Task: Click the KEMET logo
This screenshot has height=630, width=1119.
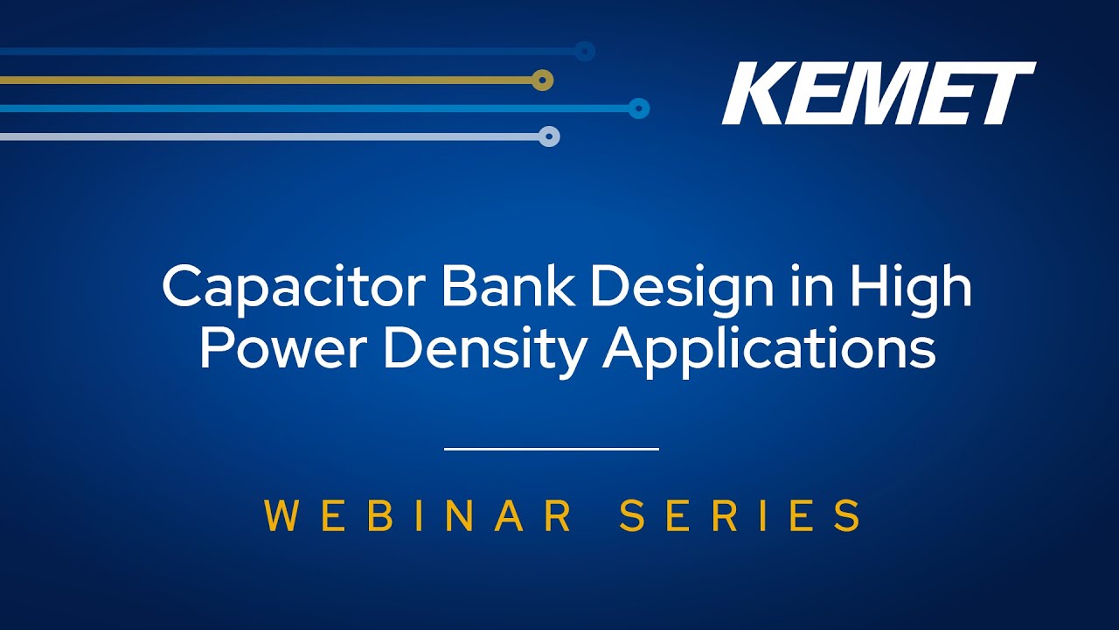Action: tap(879, 93)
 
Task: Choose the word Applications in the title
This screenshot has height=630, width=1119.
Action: tap(768, 352)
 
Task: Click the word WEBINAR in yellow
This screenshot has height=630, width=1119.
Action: tap(418, 515)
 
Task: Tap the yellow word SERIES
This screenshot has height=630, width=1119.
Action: tap(740, 515)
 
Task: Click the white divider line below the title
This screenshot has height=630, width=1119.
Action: tap(552, 449)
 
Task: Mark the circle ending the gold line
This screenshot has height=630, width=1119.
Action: tap(542, 80)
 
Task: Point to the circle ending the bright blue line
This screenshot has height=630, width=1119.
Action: tap(638, 108)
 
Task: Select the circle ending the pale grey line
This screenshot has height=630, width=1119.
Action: tap(548, 136)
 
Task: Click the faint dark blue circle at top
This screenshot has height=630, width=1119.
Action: tap(584, 51)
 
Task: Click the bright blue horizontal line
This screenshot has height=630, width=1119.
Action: tap(314, 108)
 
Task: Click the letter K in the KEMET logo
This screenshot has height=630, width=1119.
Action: tap(757, 93)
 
